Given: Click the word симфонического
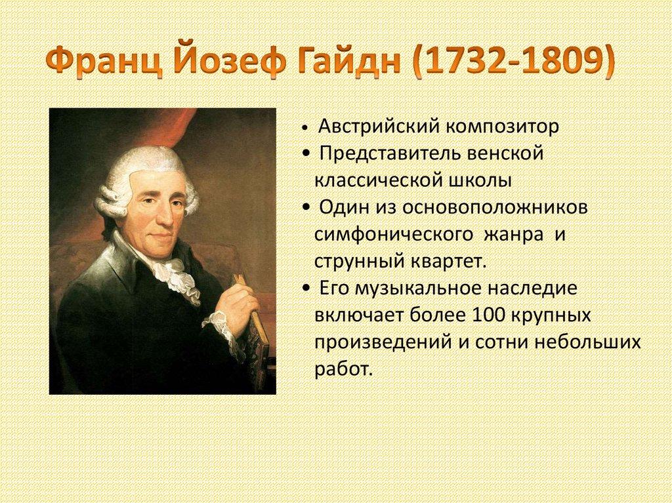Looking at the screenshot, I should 393,234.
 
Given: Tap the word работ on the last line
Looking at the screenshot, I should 342,369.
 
